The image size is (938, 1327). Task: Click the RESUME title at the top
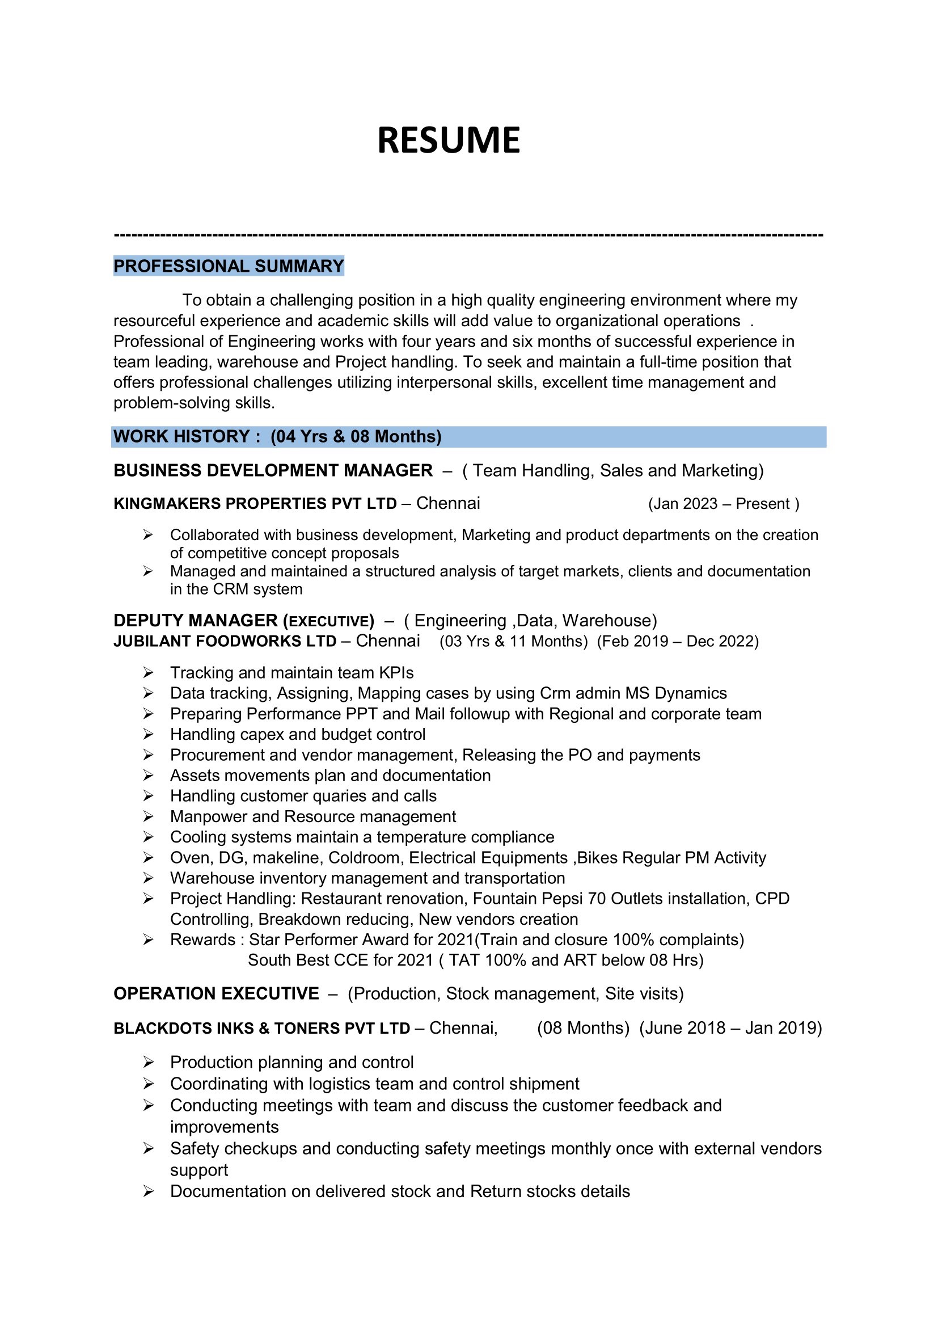click(448, 141)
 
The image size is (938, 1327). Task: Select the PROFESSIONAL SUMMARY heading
click(229, 266)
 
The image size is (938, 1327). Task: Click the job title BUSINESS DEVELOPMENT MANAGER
click(273, 470)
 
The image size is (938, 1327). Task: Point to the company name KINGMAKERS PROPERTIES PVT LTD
click(255, 503)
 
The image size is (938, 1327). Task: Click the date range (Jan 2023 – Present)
click(723, 504)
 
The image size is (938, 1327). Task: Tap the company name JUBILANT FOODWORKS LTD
click(225, 642)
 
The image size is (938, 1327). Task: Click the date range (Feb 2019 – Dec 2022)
click(678, 642)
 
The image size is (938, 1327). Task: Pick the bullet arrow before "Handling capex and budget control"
click(148, 735)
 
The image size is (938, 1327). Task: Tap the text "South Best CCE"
click(308, 960)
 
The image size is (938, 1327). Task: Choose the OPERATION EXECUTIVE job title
click(216, 993)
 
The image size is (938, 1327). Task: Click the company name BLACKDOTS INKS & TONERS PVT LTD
click(261, 1028)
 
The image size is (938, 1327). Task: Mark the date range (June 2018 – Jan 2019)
click(730, 1027)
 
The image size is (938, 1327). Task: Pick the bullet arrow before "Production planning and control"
click(148, 1062)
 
